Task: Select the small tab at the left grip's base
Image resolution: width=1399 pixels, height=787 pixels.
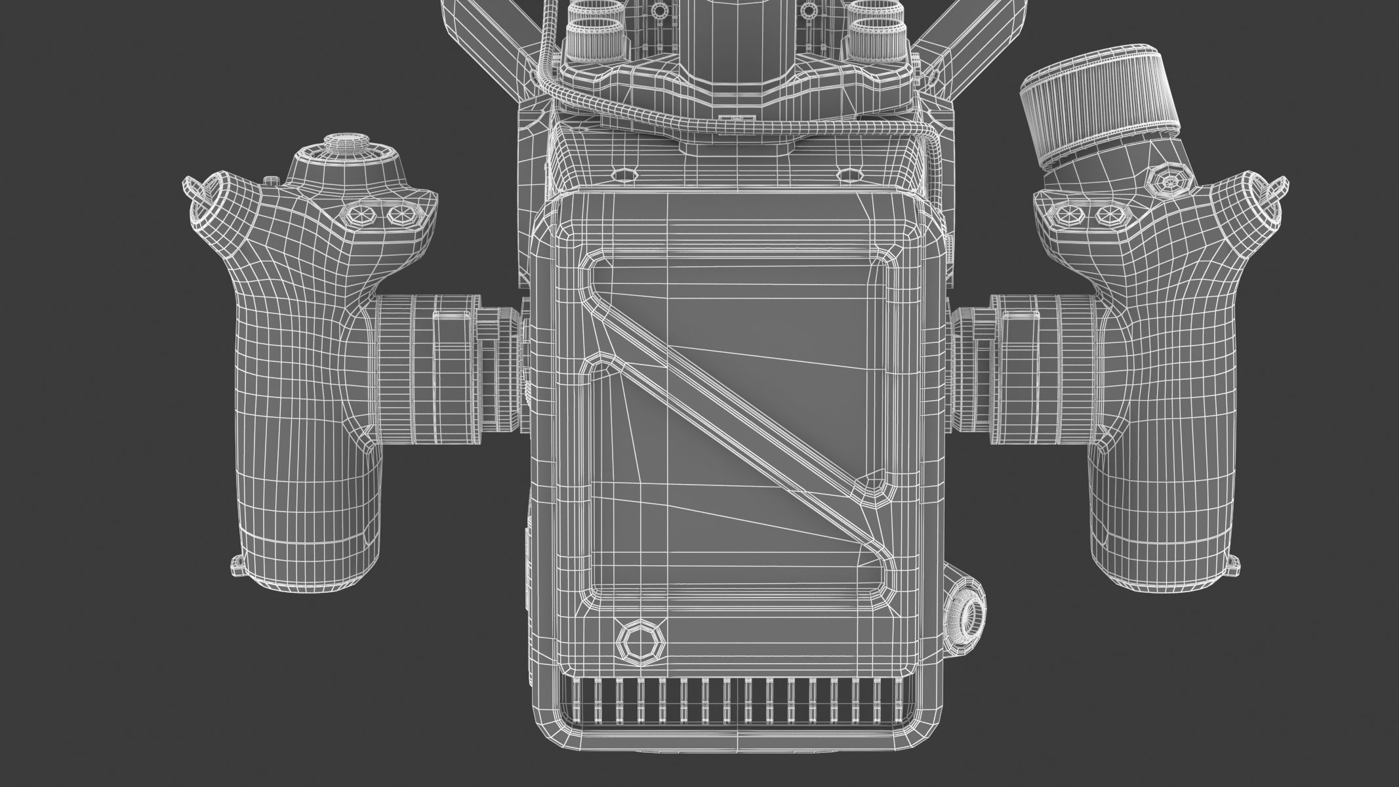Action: [237, 561]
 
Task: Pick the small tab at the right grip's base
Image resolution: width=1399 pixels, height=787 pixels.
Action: [1232, 561]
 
